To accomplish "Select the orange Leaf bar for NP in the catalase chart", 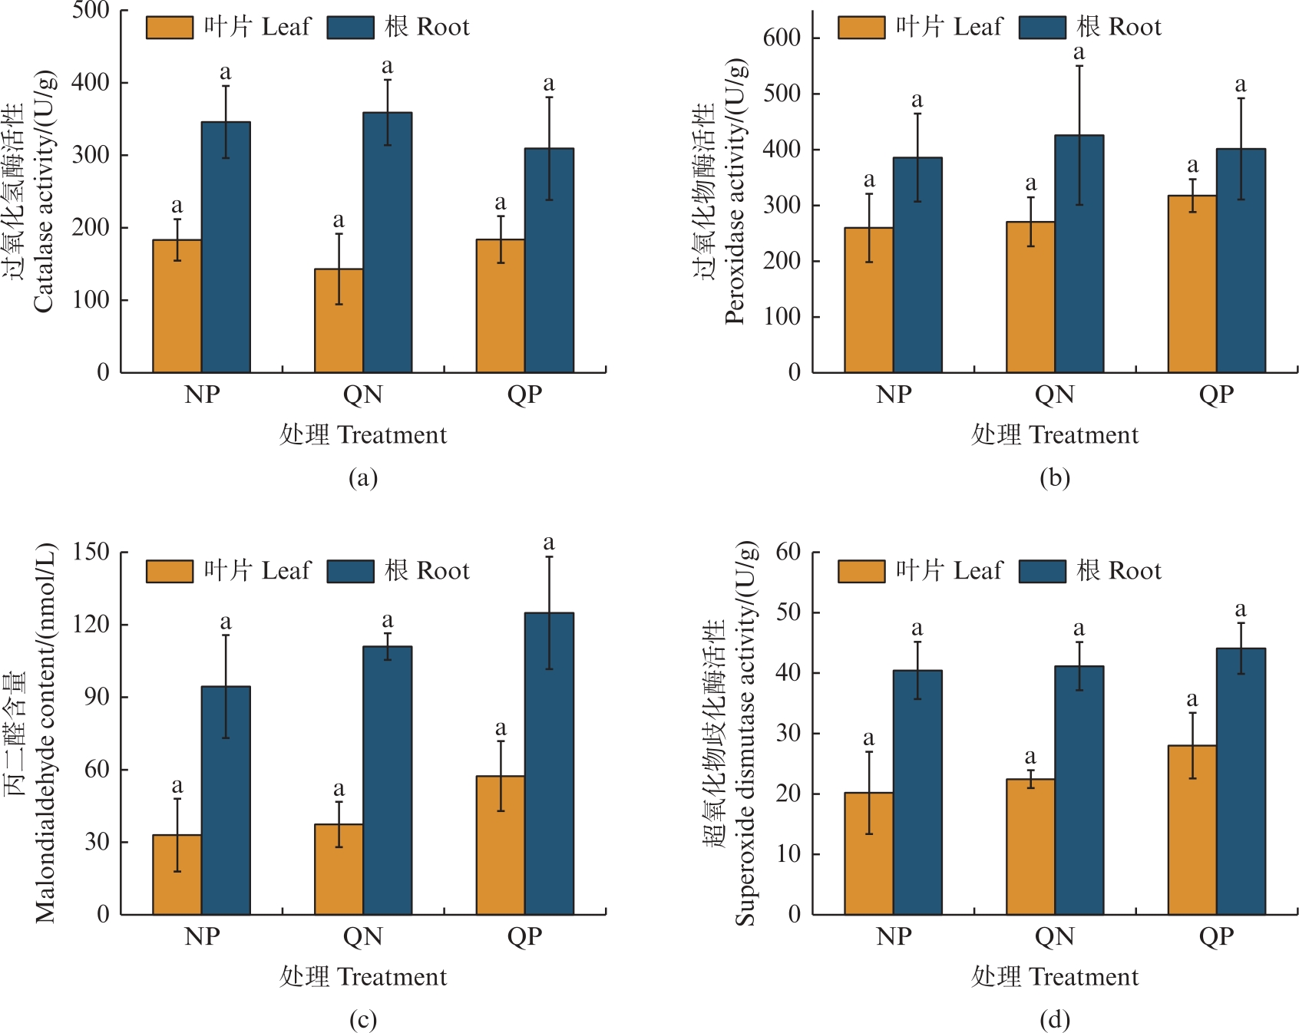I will [x=177, y=306].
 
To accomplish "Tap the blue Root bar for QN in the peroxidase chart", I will [x=1079, y=254].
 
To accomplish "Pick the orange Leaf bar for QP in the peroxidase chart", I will [x=1192, y=284].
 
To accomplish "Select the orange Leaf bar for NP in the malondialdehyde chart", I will [x=177, y=874].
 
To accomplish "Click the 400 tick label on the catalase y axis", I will [x=91, y=82].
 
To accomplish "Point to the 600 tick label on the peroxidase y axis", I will [x=782, y=38].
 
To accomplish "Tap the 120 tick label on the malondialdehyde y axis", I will [x=91, y=624].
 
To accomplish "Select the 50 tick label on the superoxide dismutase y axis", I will [x=788, y=612].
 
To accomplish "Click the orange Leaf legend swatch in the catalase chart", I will [x=169, y=28].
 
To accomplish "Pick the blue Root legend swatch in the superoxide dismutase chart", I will [x=1042, y=571].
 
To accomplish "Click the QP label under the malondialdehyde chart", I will [x=524, y=936].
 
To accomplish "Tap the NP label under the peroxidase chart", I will [x=894, y=394].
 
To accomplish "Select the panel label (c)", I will [x=362, y=1020].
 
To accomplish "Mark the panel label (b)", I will [x=1054, y=478].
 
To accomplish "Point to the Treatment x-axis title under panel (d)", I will [x=1054, y=976].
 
